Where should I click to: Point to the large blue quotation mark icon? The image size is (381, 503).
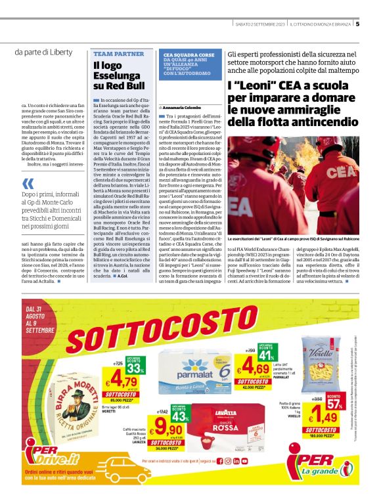tap(27, 185)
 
